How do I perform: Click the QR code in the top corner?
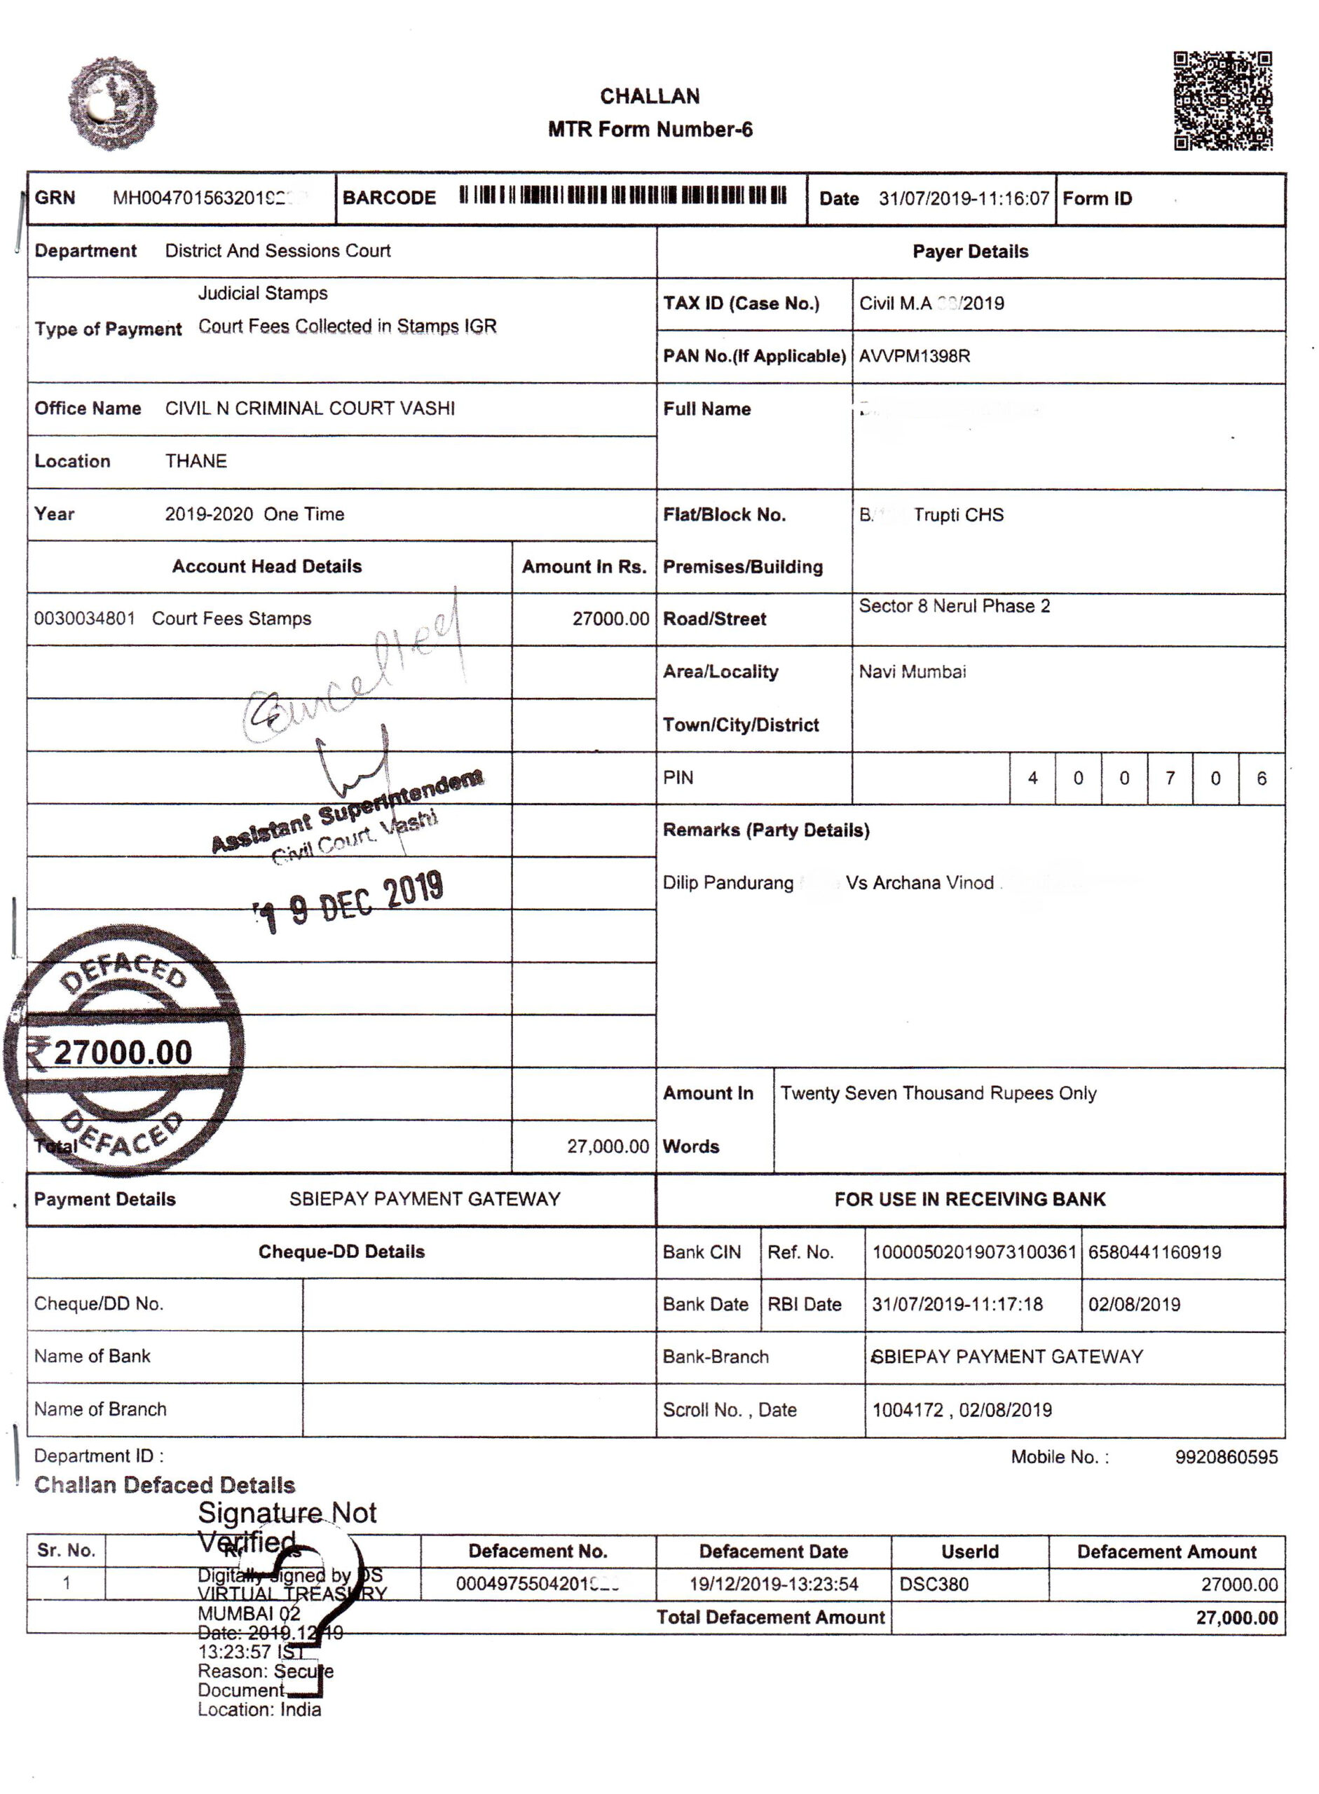pyautogui.click(x=1222, y=101)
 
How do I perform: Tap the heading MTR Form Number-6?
pyautogui.click(x=650, y=130)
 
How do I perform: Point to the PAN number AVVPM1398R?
pyautogui.click(x=914, y=356)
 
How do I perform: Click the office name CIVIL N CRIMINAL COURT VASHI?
pyautogui.click(x=310, y=409)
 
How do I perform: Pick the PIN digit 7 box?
pyautogui.click(x=1170, y=779)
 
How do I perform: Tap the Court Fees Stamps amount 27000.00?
pyautogui.click(x=610, y=619)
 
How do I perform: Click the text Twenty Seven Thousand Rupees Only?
pyautogui.click(x=938, y=1093)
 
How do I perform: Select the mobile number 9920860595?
pyautogui.click(x=1226, y=1457)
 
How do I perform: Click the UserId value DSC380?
pyautogui.click(x=934, y=1584)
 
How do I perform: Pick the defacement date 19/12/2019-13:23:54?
pyautogui.click(x=773, y=1584)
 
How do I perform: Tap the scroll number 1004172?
pyautogui.click(x=907, y=1410)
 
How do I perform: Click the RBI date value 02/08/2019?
pyautogui.click(x=1134, y=1305)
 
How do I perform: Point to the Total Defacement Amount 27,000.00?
pyautogui.click(x=1236, y=1617)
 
